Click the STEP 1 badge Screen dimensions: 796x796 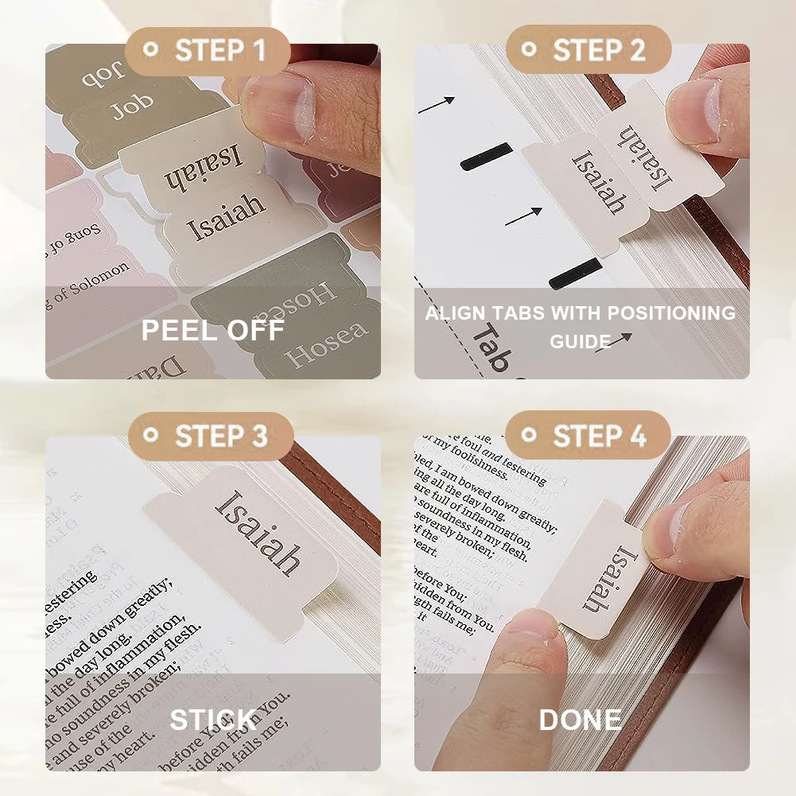207,51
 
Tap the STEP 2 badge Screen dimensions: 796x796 588,51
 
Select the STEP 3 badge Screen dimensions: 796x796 210,437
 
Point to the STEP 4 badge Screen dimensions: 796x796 588,437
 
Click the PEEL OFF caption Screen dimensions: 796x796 212,329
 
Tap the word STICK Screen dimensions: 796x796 212,720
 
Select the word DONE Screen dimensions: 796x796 580,720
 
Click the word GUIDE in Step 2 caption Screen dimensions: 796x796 580,341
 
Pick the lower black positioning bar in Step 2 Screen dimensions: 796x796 576,272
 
